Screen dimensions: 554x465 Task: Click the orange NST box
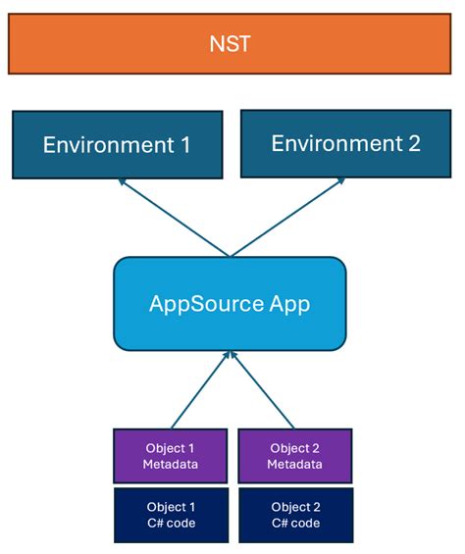(x=232, y=44)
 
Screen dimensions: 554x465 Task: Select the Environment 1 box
(x=116, y=145)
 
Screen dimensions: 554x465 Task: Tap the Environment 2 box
(x=344, y=143)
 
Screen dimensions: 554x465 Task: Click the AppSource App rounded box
(x=230, y=303)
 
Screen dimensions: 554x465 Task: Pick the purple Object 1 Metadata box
(x=171, y=456)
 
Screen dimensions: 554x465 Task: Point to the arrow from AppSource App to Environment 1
(x=174, y=218)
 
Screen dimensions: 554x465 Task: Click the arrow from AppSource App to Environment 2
(x=286, y=217)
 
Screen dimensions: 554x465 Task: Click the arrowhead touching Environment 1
(x=122, y=182)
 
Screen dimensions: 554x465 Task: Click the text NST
(x=232, y=44)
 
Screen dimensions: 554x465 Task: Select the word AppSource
(x=206, y=303)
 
